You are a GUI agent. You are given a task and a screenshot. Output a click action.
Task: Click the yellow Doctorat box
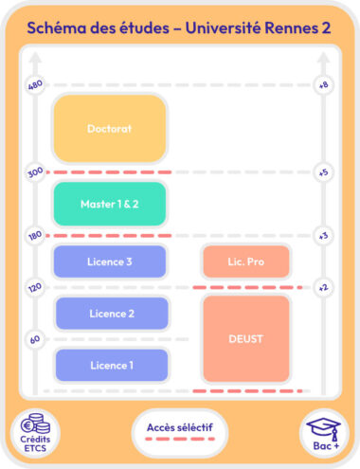click(x=109, y=128)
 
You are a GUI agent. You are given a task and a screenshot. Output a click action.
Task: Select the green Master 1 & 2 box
click(x=109, y=204)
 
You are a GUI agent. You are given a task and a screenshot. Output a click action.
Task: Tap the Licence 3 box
click(x=109, y=262)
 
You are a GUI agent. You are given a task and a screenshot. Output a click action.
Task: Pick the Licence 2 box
click(x=112, y=314)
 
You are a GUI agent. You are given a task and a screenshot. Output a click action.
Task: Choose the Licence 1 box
click(x=112, y=365)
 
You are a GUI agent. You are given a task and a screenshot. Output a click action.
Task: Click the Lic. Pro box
click(x=245, y=262)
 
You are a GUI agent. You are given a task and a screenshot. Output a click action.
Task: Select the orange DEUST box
click(x=245, y=338)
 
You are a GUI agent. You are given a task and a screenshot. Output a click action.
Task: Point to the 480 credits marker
click(x=36, y=85)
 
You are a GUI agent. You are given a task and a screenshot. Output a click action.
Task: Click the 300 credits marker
click(x=36, y=173)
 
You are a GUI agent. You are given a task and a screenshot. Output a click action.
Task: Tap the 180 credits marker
click(x=36, y=235)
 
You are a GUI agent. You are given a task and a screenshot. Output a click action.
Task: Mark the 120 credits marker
click(x=36, y=287)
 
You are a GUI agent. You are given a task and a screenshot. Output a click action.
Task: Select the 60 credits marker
click(x=36, y=339)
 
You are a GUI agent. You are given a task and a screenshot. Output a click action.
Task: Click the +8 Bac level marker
click(x=323, y=85)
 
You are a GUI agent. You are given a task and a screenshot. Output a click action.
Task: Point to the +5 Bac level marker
click(x=323, y=173)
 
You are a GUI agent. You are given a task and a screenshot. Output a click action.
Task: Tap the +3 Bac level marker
click(x=323, y=235)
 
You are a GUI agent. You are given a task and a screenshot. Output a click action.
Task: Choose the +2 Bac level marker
click(x=323, y=287)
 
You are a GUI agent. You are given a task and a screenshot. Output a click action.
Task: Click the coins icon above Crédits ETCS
click(x=35, y=424)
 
